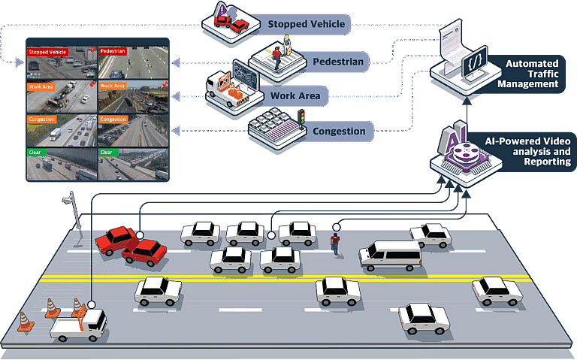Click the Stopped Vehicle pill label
(305, 24)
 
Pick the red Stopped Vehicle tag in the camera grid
(47, 52)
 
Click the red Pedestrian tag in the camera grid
(113, 52)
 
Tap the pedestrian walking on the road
(336, 242)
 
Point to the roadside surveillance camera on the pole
(70, 201)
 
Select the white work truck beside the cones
(79, 325)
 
